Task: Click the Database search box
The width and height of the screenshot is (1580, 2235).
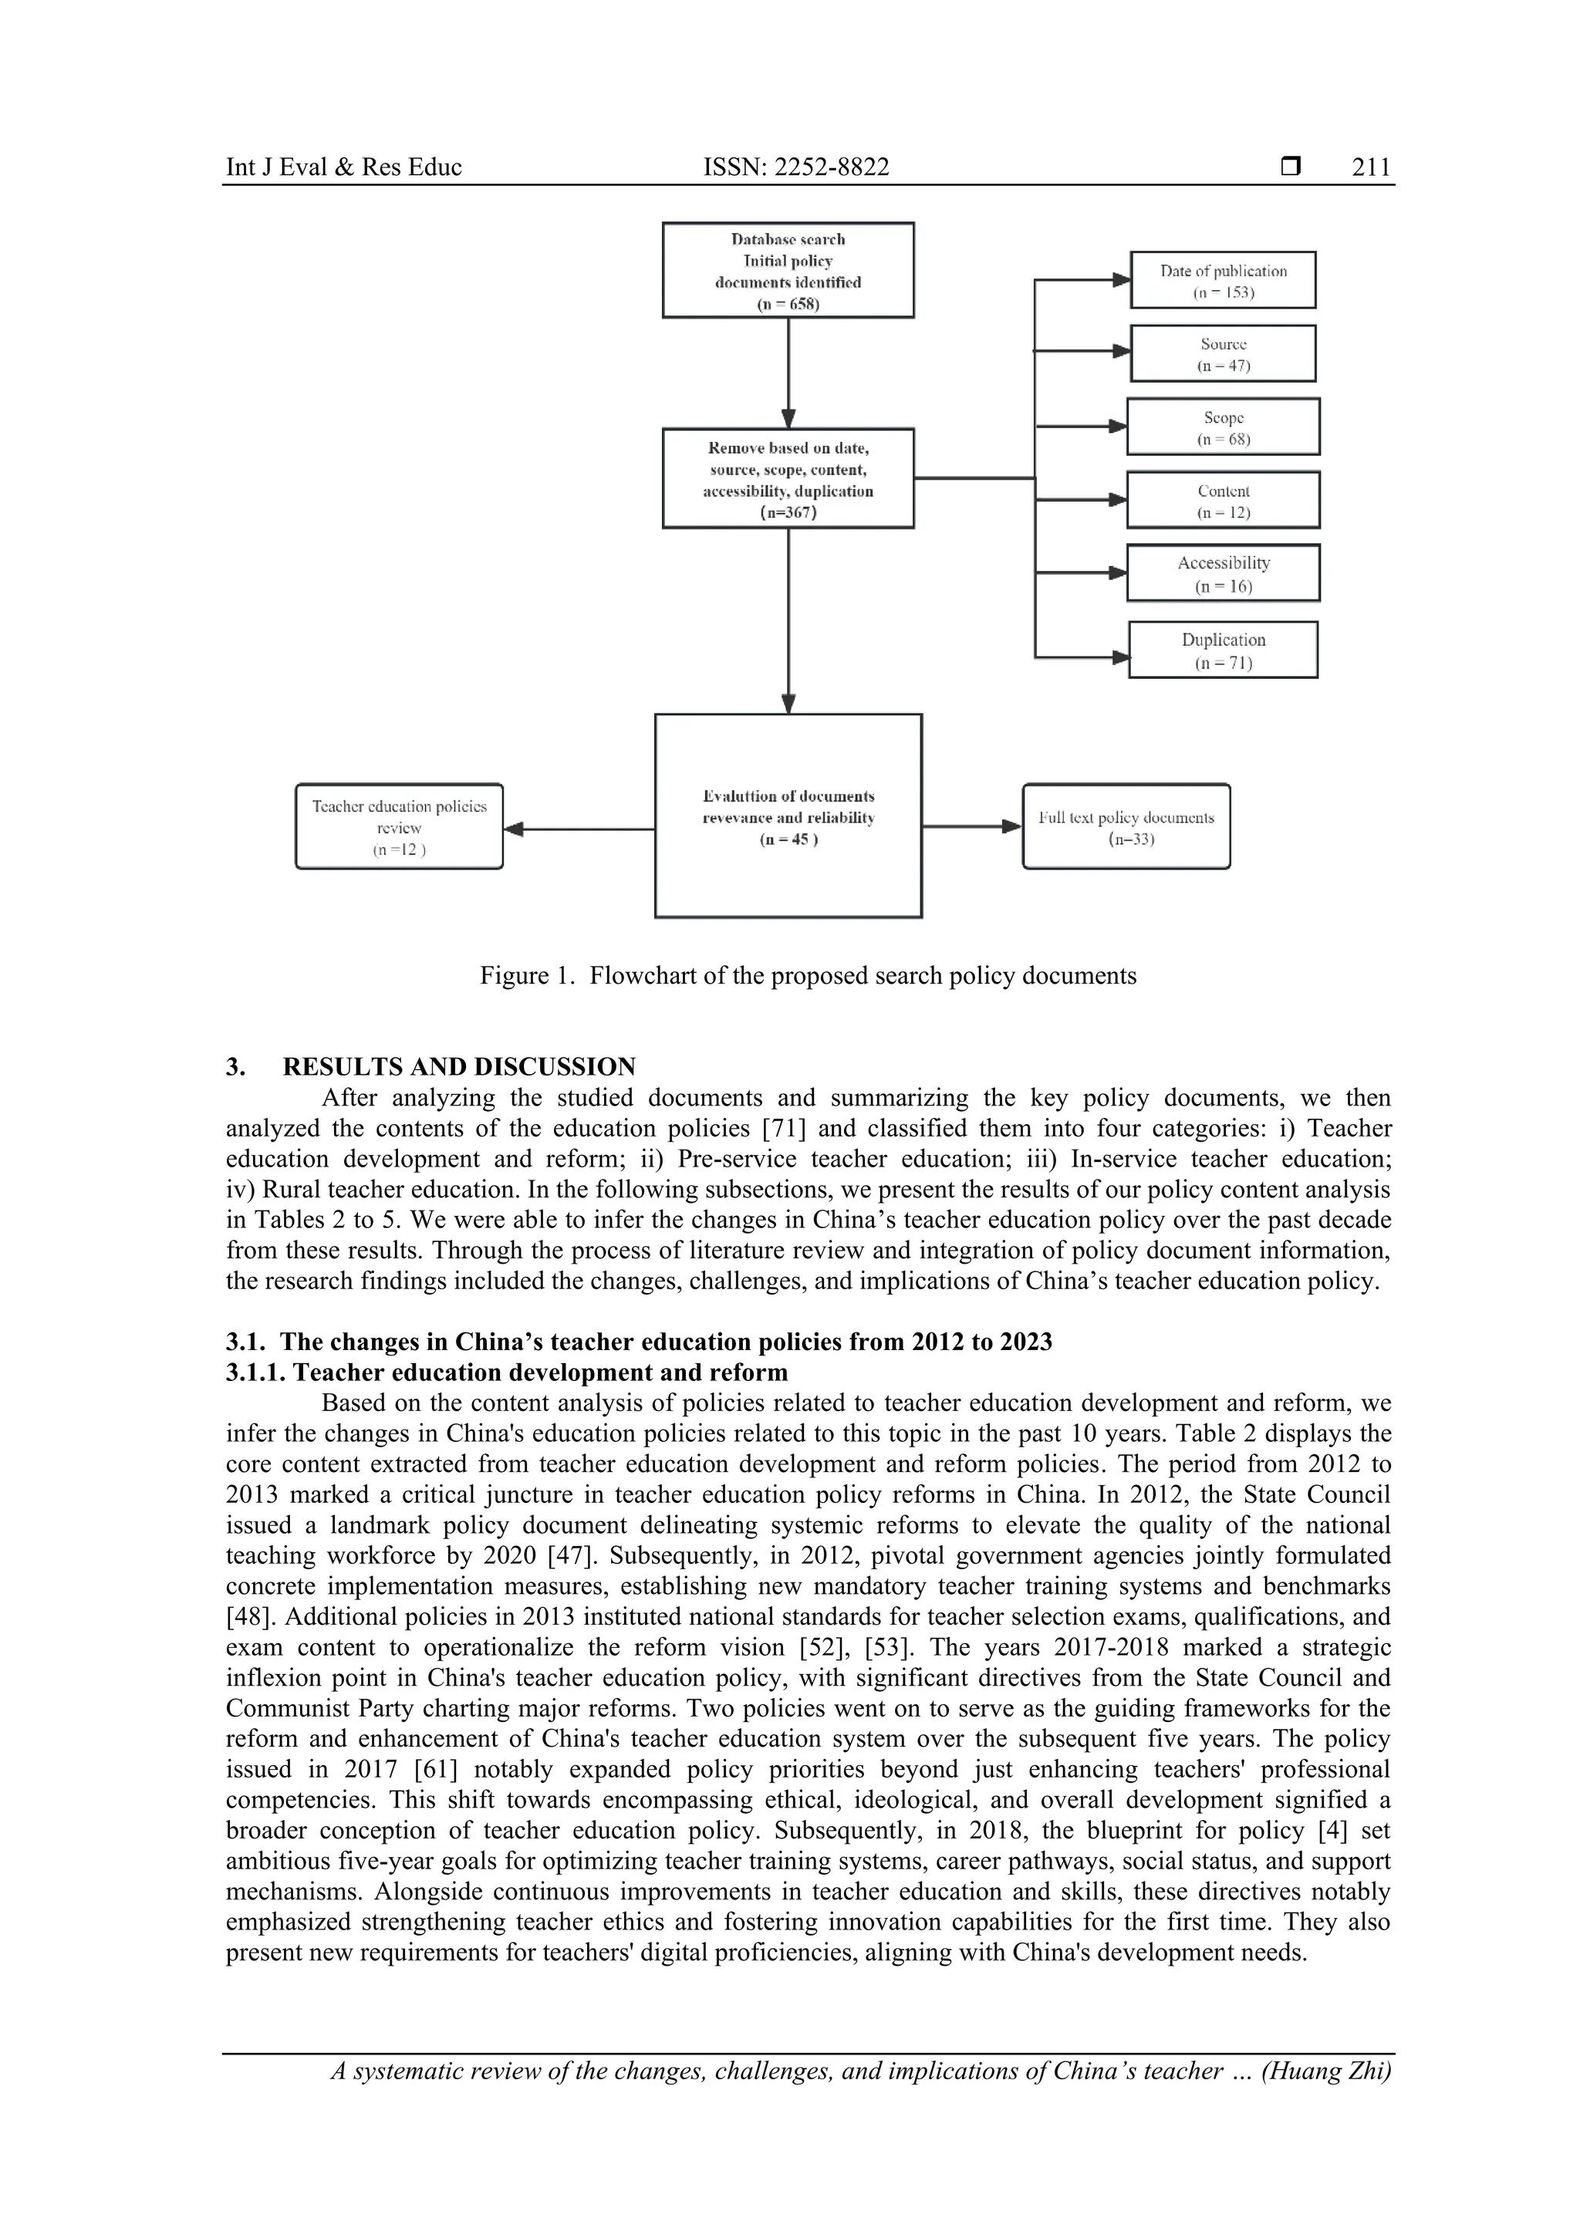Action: click(x=788, y=270)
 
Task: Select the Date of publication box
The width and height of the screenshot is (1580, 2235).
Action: click(x=1223, y=280)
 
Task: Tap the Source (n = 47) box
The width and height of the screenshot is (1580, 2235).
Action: click(x=1223, y=353)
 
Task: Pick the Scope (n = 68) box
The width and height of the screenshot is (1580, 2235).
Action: click(x=1223, y=427)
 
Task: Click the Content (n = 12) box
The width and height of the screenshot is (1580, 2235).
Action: click(x=1223, y=501)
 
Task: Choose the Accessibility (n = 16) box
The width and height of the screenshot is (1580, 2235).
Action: click(x=1223, y=573)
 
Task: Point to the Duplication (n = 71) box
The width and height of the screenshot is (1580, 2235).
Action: click(x=1223, y=650)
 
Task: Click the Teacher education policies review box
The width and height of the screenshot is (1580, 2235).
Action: click(x=399, y=826)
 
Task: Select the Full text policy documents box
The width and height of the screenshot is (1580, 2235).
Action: click(x=1126, y=826)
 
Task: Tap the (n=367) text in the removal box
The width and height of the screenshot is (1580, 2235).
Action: click(x=788, y=513)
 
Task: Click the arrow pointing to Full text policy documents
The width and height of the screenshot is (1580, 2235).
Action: click(x=971, y=826)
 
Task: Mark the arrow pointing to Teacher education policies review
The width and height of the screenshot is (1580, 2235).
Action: click(x=579, y=829)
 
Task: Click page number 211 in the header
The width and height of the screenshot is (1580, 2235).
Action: click(x=1371, y=167)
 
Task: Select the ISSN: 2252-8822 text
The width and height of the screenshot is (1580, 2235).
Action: click(x=795, y=167)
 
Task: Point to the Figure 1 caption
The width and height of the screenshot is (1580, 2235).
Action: click(x=807, y=975)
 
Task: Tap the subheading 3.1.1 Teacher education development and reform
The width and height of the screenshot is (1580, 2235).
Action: click(x=506, y=1372)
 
